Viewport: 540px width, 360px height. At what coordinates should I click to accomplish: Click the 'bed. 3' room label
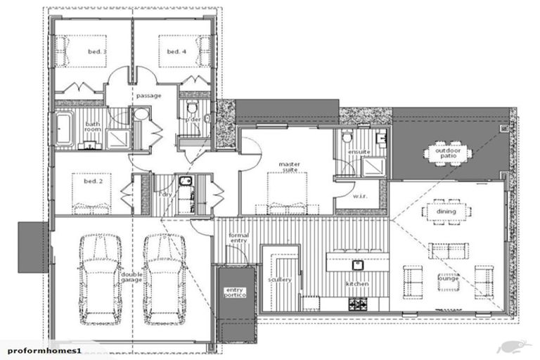pyautogui.click(x=96, y=52)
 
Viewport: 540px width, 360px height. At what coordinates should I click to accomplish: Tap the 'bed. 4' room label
pyautogui.click(x=176, y=52)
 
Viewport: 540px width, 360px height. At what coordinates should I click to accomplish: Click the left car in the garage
pyautogui.click(x=99, y=279)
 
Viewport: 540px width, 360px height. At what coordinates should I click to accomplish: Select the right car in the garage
pyautogui.click(x=163, y=279)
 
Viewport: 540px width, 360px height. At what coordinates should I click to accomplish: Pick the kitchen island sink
pyautogui.click(x=357, y=265)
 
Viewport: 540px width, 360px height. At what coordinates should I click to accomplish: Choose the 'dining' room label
pyautogui.click(x=446, y=211)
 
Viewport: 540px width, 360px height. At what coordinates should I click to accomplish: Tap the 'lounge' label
pyautogui.click(x=448, y=278)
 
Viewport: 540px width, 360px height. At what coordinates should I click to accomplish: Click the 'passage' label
pyautogui.click(x=148, y=96)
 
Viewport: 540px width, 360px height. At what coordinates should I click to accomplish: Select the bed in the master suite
pyautogui.click(x=287, y=193)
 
